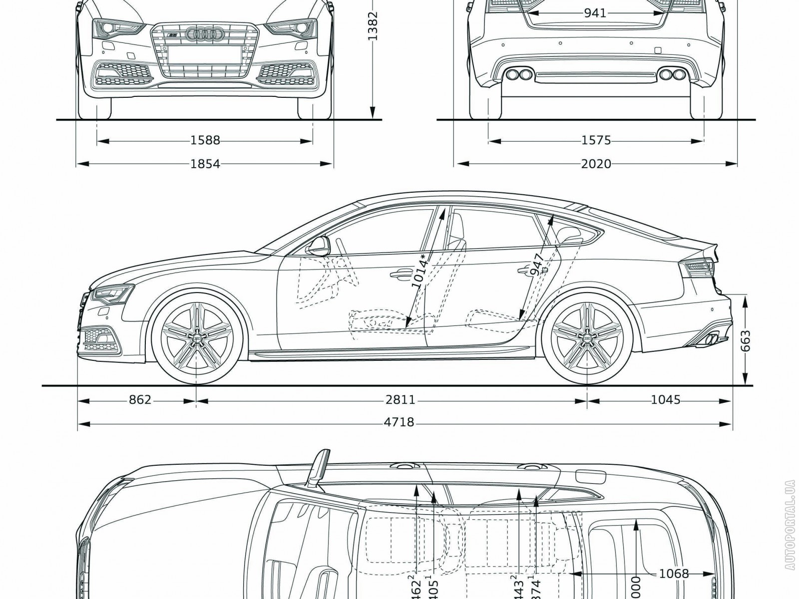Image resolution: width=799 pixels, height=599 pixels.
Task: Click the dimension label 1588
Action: coord(205,141)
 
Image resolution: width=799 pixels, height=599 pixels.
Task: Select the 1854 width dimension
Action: coord(205,163)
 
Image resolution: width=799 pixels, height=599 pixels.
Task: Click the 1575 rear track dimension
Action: coord(596,141)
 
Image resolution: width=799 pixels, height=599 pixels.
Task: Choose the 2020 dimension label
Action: coord(596,163)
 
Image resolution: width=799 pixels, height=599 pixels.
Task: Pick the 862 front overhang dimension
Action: coord(140,400)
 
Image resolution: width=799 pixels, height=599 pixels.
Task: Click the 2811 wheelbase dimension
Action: coord(400,400)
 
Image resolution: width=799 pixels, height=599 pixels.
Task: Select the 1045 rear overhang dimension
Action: coord(666,400)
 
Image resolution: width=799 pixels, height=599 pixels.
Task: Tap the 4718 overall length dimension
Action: coord(400,423)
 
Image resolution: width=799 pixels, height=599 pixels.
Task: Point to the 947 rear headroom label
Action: coord(537,265)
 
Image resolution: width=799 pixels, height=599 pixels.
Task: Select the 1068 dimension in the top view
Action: coord(674,574)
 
